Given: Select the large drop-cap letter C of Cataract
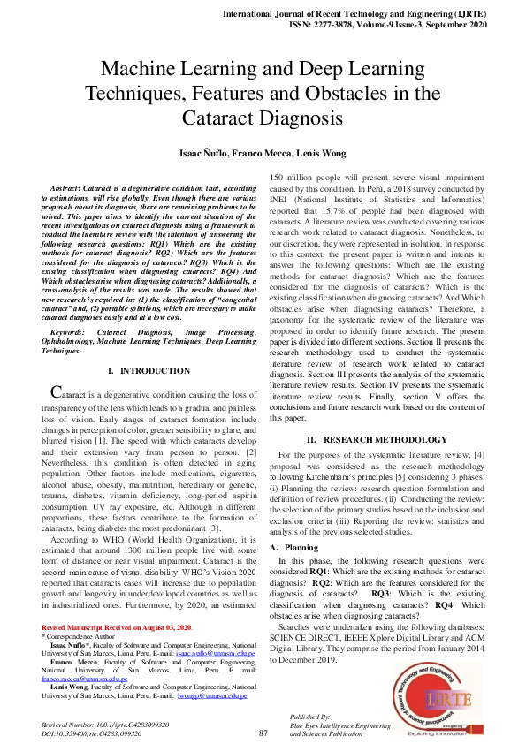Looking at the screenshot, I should point(56,415).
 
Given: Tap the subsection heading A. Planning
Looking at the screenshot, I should point(288,523).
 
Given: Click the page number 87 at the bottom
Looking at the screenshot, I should point(263,733).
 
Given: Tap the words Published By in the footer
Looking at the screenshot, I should point(310,716).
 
